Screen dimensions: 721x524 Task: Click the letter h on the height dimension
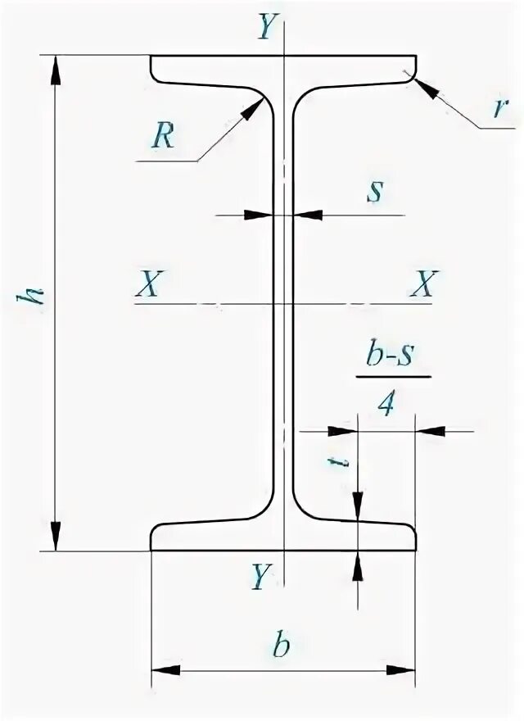(35, 300)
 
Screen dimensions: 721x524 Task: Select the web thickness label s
(374, 191)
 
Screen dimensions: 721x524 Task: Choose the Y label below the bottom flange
(260, 578)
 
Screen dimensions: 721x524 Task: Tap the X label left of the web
(149, 284)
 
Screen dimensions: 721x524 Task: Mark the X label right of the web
(424, 284)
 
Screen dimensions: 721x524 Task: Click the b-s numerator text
(393, 360)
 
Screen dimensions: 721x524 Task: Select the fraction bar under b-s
(393, 379)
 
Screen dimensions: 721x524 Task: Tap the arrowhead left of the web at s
(261, 215)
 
